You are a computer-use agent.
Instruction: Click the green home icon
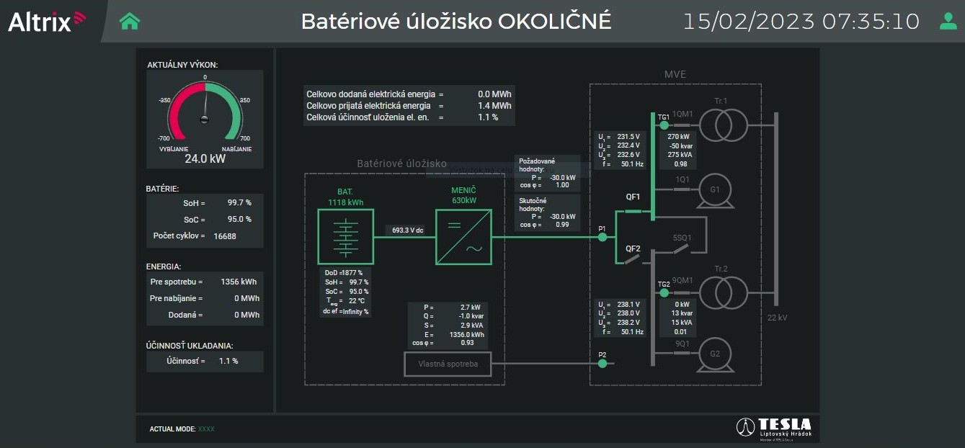(130, 22)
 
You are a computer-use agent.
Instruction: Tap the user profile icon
(948, 22)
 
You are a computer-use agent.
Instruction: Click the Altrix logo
(47, 22)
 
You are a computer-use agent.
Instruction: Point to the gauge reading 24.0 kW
(205, 158)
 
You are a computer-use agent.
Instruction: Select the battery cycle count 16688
(225, 236)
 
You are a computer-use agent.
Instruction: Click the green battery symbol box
(347, 237)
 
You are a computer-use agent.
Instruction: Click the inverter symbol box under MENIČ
(463, 237)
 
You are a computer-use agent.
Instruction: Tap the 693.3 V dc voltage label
(408, 230)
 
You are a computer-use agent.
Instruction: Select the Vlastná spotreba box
(447, 364)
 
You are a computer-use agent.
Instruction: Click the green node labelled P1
(602, 237)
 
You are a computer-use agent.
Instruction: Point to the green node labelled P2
(602, 364)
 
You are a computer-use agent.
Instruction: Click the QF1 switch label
(633, 197)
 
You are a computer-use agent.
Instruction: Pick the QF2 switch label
(633, 248)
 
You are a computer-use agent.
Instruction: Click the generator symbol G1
(715, 190)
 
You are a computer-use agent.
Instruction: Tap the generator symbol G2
(715, 354)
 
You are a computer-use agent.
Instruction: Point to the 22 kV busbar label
(777, 318)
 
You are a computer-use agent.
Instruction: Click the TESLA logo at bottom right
(774, 427)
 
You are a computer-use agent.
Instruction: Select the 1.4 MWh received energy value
(494, 106)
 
